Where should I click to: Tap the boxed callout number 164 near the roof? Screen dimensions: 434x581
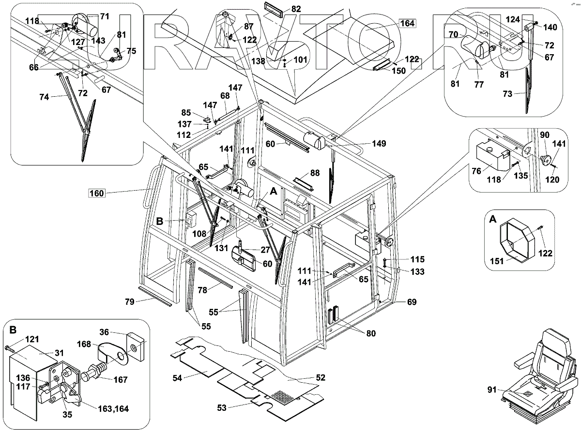pyautogui.click(x=408, y=22)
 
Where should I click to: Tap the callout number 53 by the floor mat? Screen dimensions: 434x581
pyautogui.click(x=222, y=408)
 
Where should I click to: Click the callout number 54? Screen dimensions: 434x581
pyautogui.click(x=178, y=378)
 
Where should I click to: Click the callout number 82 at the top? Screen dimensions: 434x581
pyautogui.click(x=296, y=9)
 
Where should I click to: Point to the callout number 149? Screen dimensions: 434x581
pyautogui.click(x=379, y=143)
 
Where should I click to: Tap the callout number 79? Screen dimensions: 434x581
pyautogui.click(x=129, y=301)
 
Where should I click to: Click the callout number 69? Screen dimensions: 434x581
pyautogui.click(x=412, y=302)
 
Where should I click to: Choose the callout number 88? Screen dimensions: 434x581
pyautogui.click(x=315, y=172)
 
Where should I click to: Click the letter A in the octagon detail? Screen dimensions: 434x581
pyautogui.click(x=493, y=219)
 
